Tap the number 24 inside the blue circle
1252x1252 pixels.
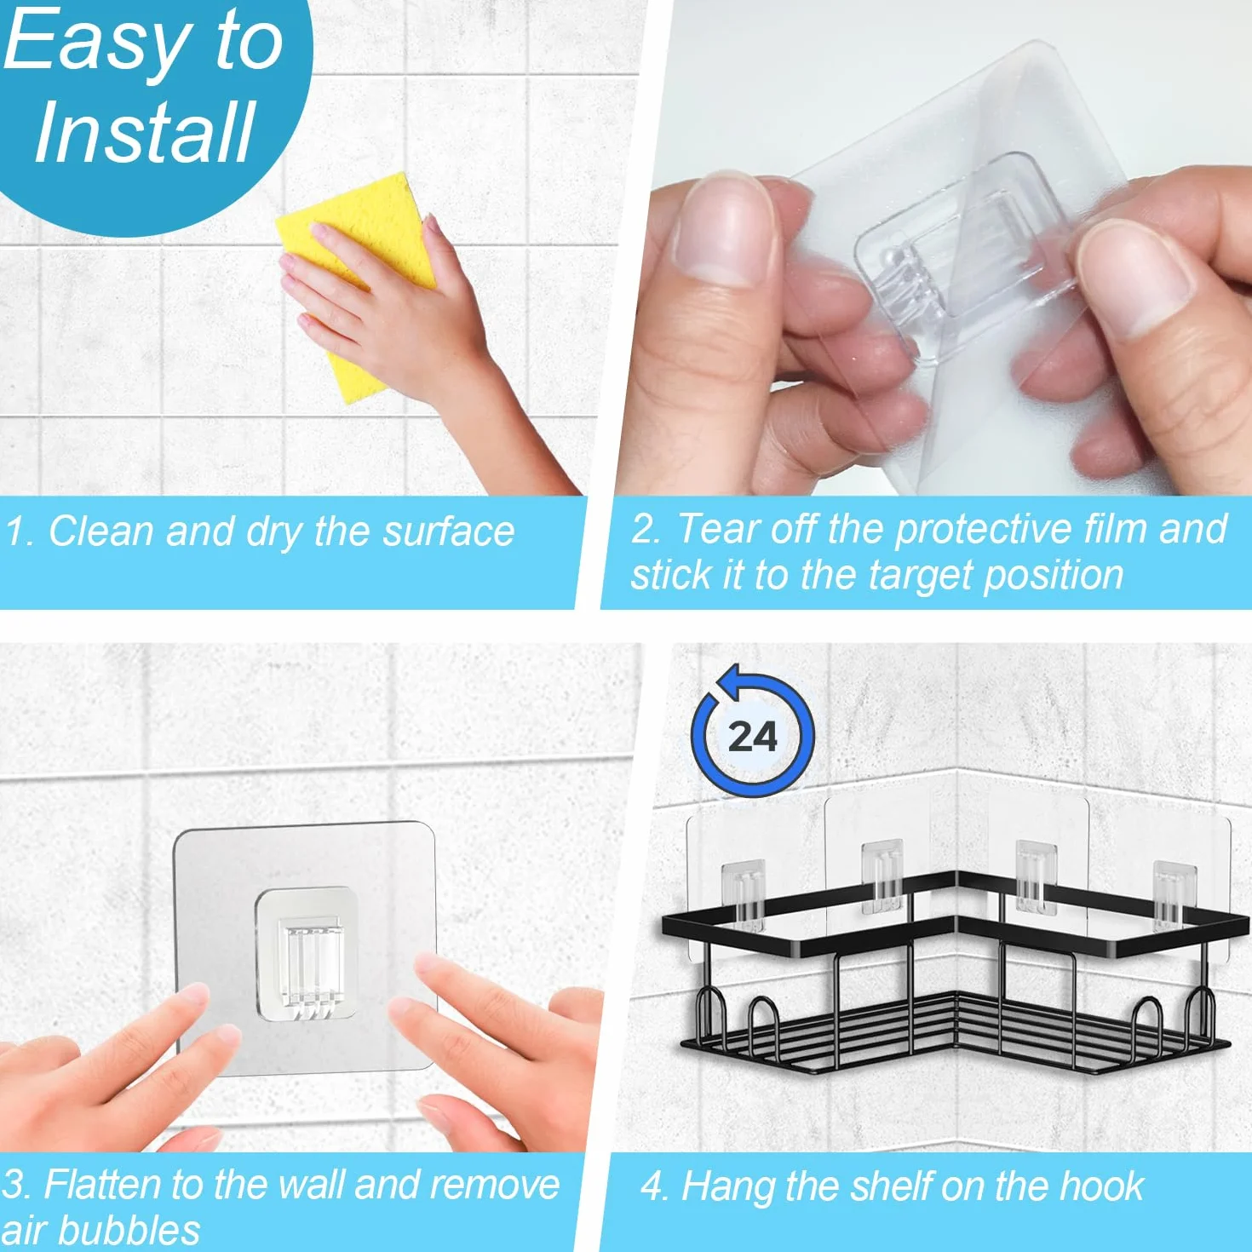[x=752, y=737]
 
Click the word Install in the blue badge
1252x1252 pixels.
[x=143, y=133]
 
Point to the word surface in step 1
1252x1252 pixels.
[x=448, y=532]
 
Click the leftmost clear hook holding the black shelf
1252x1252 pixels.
[x=743, y=894]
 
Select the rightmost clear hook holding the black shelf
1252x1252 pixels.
[x=1174, y=894]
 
